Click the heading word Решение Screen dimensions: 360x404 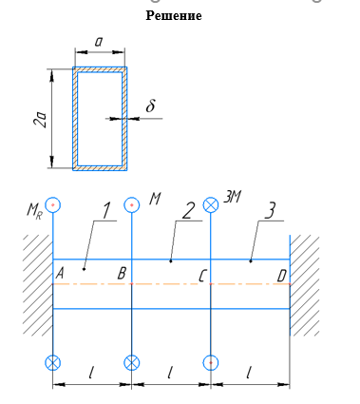pyautogui.click(x=174, y=15)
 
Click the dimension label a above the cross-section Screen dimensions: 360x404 pyautogui.click(x=99, y=42)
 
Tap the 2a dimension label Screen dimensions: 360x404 pyautogui.click(x=41, y=119)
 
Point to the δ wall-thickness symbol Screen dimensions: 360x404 pyautogui.click(x=151, y=106)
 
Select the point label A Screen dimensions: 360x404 pyautogui.click(x=60, y=273)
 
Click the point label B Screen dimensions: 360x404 pyautogui.click(x=122, y=273)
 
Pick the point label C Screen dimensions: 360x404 pyautogui.click(x=202, y=277)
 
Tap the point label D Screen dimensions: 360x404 pyautogui.click(x=282, y=277)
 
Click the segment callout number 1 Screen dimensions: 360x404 pyautogui.click(x=106, y=210)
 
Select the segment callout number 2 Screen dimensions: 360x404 pyautogui.click(x=187, y=210)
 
